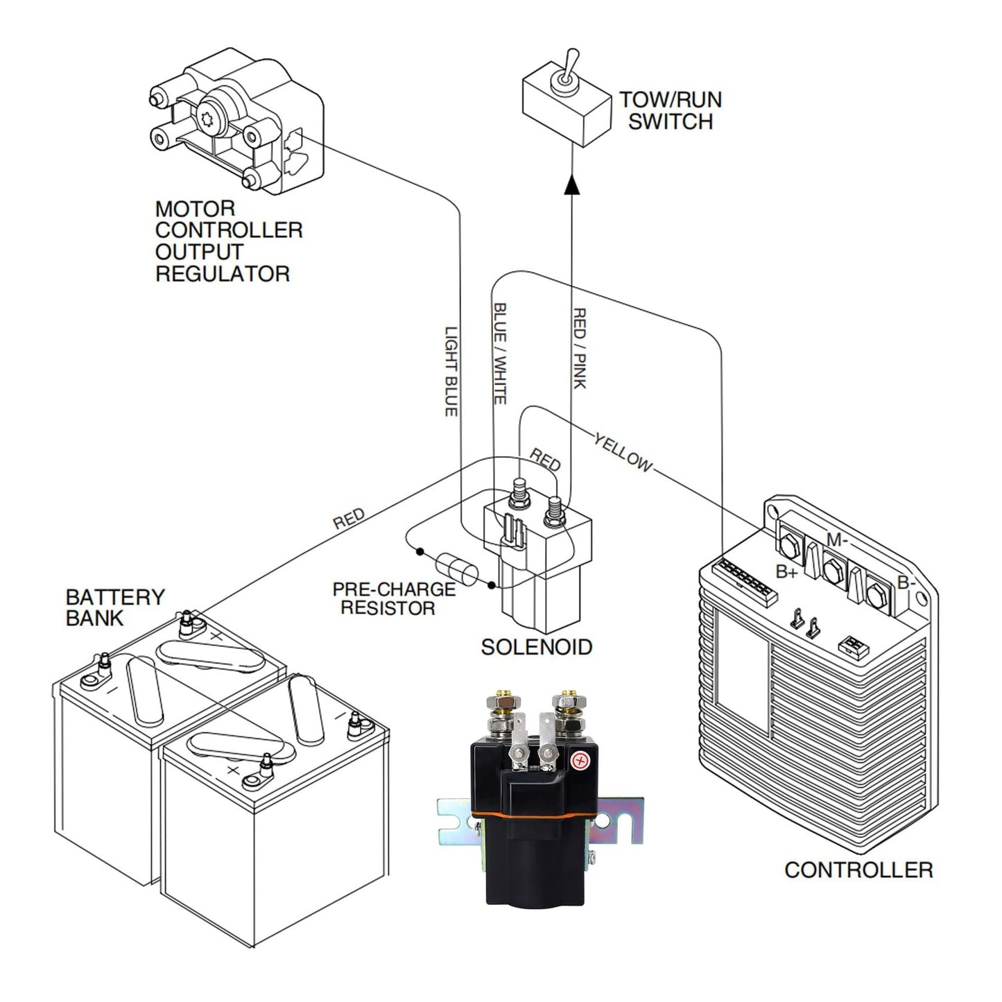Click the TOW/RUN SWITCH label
(x=671, y=110)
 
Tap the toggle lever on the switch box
(x=570, y=67)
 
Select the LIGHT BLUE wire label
(x=451, y=371)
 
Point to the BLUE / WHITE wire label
(x=500, y=354)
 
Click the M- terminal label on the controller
(x=837, y=539)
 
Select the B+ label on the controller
(x=787, y=572)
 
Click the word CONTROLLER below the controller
(x=858, y=870)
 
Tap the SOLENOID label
(x=536, y=647)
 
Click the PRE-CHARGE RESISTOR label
(x=394, y=598)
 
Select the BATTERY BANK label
(x=115, y=607)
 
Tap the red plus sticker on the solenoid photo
(x=578, y=761)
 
